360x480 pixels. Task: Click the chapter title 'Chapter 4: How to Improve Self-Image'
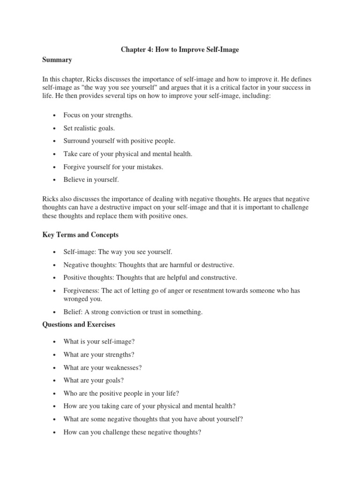180,50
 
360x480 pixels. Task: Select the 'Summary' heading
57,60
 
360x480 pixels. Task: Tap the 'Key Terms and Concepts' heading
80,234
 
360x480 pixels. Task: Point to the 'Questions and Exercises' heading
79,324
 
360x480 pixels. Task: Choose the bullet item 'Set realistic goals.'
89,127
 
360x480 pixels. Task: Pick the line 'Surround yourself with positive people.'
119,141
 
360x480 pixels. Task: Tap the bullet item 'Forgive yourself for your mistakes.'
113,166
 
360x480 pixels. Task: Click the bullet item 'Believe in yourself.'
91,180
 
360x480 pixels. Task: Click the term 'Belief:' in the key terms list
73,312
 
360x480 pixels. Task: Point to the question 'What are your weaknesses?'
103,367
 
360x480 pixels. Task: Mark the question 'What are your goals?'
94,381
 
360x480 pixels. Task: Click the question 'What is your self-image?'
99,342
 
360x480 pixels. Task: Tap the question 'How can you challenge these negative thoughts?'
132,432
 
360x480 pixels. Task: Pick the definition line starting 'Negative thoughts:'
149,265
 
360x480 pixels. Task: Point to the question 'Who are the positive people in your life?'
121,393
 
